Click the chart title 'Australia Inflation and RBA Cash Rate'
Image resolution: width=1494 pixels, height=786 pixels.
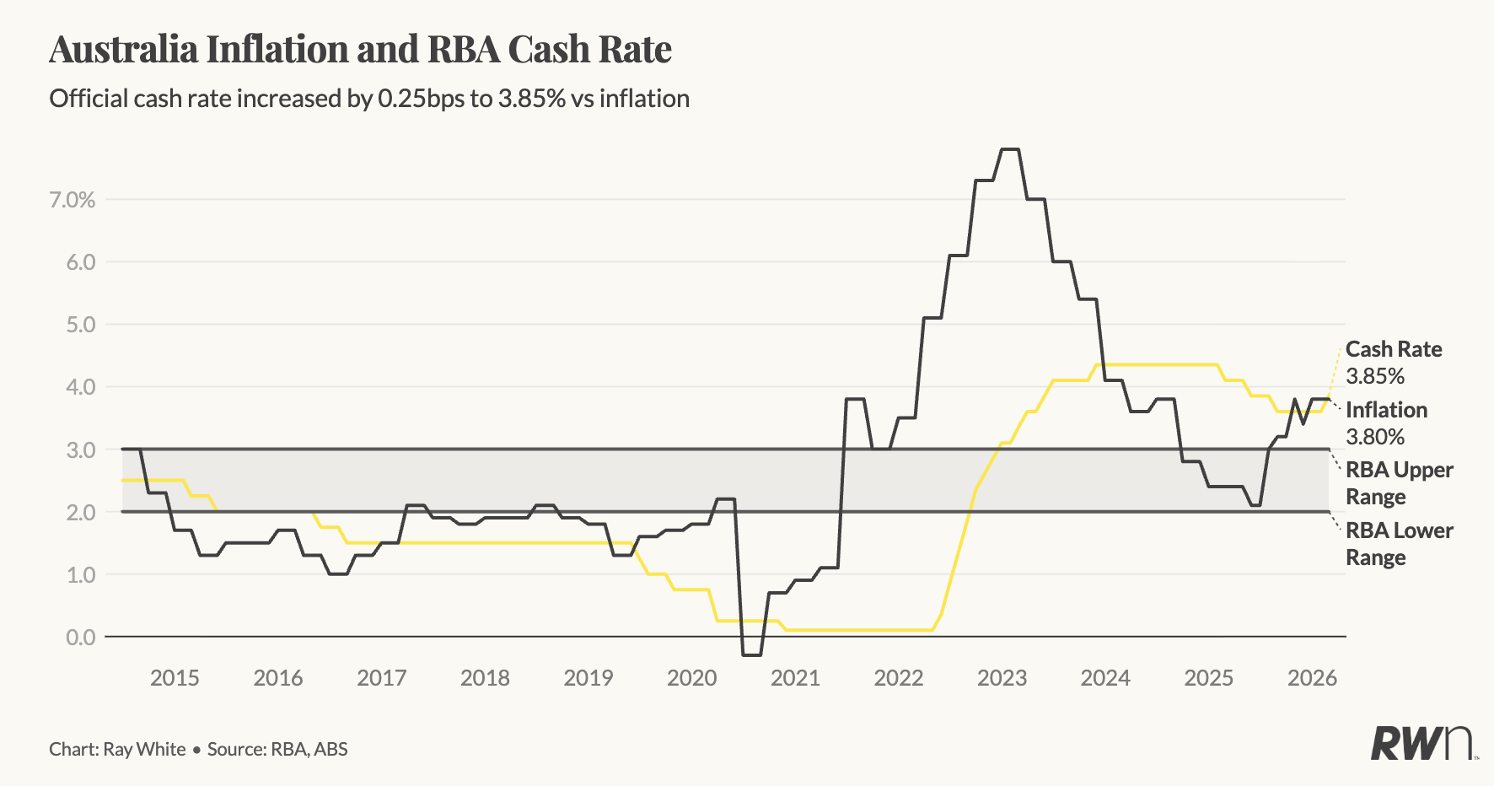[x=360, y=49]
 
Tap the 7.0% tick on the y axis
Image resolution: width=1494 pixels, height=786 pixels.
[x=72, y=200]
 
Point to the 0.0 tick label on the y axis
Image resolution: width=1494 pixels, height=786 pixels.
[x=80, y=637]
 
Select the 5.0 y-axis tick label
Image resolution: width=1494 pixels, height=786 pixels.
[x=80, y=325]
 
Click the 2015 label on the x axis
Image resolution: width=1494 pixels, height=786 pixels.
[x=175, y=678]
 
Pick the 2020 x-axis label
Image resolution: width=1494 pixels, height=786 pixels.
[x=691, y=678]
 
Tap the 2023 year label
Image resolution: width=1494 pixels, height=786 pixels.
[x=1002, y=678]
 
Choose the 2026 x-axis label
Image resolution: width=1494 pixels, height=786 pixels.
[x=1312, y=678]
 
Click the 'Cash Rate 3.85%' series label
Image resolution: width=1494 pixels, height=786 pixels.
[x=1393, y=363]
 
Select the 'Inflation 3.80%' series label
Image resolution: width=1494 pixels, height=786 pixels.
[x=1386, y=423]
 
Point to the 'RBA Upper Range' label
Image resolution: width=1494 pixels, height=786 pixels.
[x=1399, y=482]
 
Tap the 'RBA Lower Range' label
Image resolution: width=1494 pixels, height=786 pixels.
[x=1399, y=544]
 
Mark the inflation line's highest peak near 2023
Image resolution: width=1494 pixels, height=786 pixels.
[x=1010, y=149]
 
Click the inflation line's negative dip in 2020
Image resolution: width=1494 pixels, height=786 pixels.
[x=751, y=654]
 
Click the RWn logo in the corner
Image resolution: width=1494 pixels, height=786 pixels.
[x=1421, y=743]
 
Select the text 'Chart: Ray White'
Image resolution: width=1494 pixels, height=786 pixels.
[x=117, y=749]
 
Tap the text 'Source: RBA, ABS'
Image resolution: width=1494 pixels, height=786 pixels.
[x=277, y=749]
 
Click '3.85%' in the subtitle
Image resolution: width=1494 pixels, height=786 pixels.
[x=531, y=99]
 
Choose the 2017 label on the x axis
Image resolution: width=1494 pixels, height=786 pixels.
[x=381, y=678]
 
